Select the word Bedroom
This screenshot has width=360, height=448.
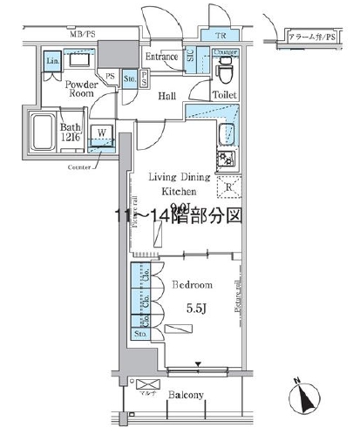click(192, 285)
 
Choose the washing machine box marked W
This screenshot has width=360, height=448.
click(103, 134)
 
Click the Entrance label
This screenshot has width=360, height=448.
click(162, 58)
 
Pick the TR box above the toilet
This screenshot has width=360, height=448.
click(221, 36)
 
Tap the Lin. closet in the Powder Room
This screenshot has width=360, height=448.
click(52, 61)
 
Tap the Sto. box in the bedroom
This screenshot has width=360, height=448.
click(139, 333)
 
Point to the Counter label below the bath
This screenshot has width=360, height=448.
click(80, 164)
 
